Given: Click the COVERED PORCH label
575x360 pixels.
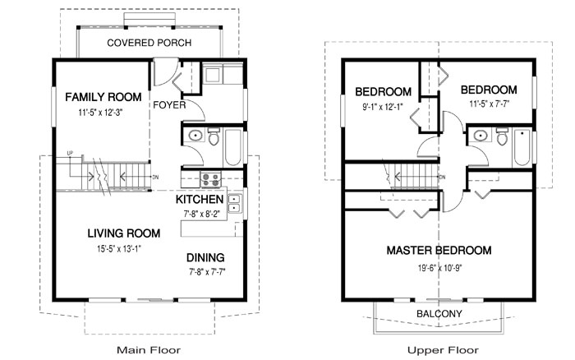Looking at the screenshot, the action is (x=149, y=43).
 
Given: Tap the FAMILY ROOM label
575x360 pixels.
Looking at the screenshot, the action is (x=103, y=97).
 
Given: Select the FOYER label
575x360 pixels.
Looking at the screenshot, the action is (x=169, y=105).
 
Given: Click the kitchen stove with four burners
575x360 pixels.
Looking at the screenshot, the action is (x=210, y=179).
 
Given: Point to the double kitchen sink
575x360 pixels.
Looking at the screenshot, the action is (x=235, y=204).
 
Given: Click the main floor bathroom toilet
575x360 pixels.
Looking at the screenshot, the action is (x=214, y=136).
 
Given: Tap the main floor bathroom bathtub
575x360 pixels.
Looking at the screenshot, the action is (x=232, y=147).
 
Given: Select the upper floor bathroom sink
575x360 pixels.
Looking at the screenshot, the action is (x=480, y=136).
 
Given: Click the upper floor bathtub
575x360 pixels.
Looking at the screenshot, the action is (x=522, y=147).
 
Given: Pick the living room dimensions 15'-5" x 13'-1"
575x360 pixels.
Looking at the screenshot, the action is (x=119, y=249).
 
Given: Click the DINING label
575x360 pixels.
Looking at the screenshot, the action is (x=205, y=257).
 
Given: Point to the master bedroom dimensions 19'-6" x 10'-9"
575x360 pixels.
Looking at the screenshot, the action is (x=439, y=268).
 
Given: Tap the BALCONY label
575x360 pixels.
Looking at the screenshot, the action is (x=439, y=314).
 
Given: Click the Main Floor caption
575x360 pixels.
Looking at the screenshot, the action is (x=149, y=350).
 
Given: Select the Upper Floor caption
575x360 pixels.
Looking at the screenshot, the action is (x=443, y=350).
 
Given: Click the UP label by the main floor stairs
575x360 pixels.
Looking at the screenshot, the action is (x=70, y=153).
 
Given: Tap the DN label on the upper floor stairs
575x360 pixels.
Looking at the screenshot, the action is (x=442, y=178).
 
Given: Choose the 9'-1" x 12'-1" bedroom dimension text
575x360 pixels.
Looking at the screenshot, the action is (x=383, y=107).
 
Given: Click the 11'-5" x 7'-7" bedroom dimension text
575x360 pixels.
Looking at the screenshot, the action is (x=490, y=104).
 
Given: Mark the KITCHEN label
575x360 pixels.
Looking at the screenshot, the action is (x=200, y=199).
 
